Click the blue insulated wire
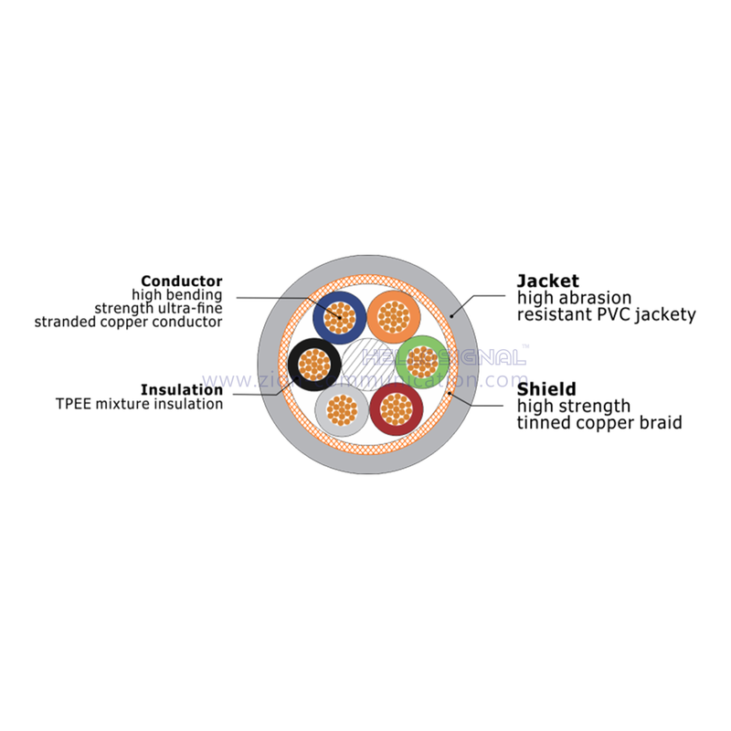(x=340, y=317)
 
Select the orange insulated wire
(x=394, y=316)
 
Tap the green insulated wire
(x=421, y=362)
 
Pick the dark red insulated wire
(x=396, y=408)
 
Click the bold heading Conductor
(x=182, y=281)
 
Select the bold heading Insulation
(x=182, y=389)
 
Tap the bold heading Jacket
(x=548, y=281)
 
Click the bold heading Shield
(x=546, y=389)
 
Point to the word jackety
(x=663, y=315)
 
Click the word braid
(x=662, y=423)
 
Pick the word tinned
(x=545, y=423)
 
